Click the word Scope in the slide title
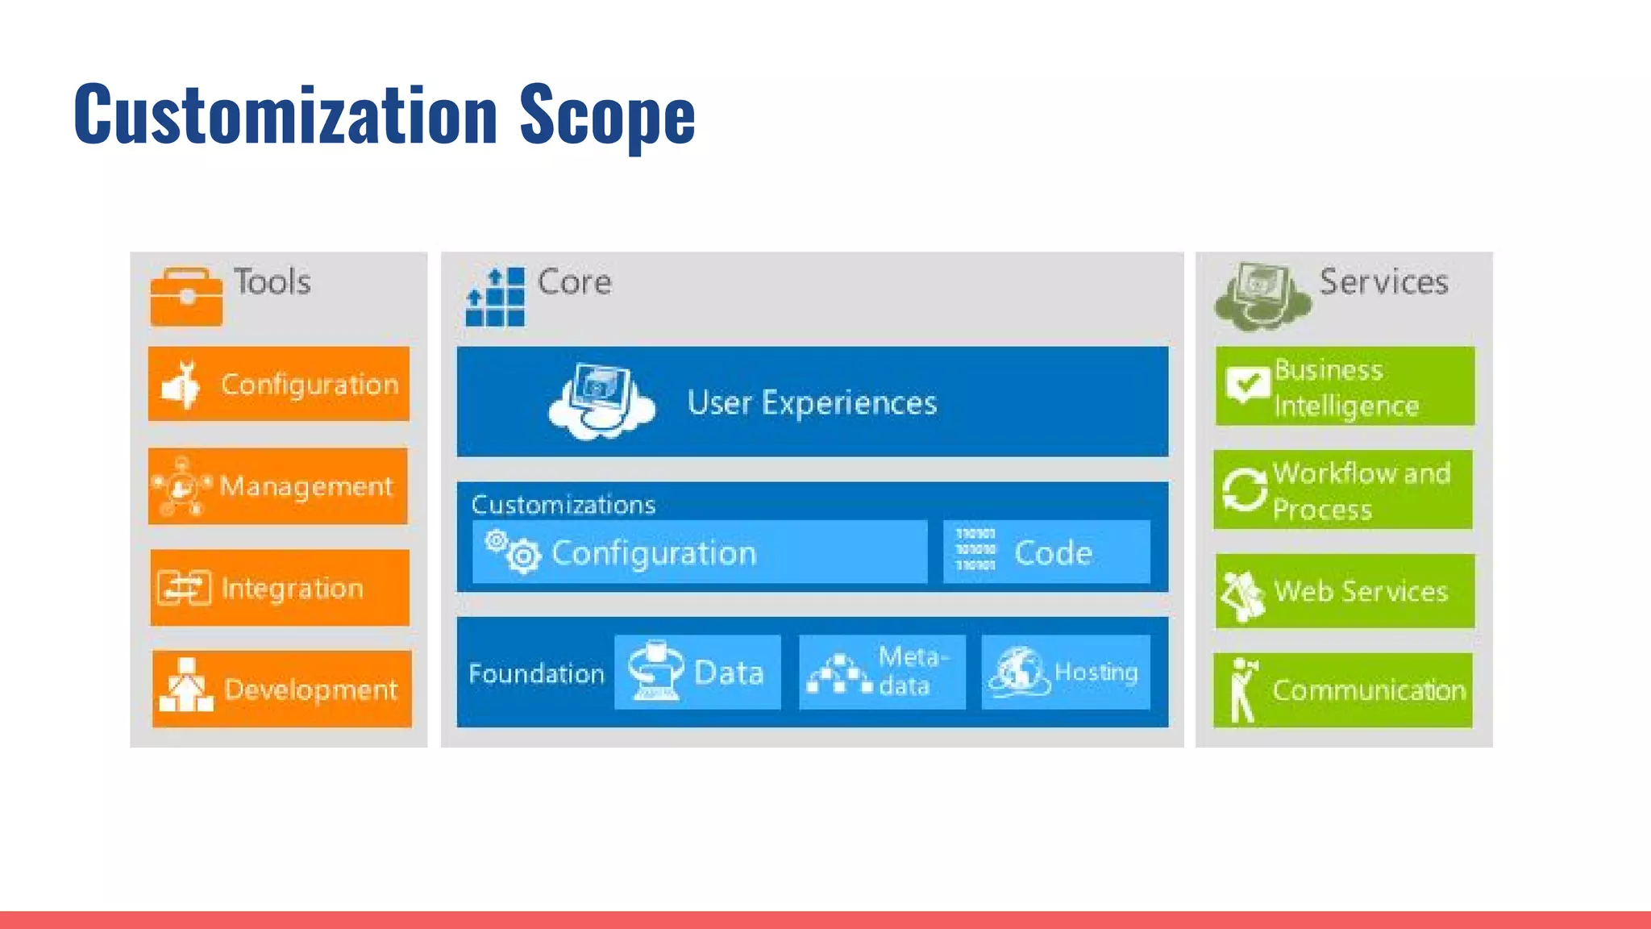(606, 115)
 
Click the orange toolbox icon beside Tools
(186, 297)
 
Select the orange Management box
(278, 486)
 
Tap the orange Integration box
(279, 588)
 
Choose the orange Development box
(281, 689)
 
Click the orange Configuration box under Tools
(279, 384)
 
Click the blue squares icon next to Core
(495, 298)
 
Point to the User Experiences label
(811, 402)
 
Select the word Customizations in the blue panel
(563, 505)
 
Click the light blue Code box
(1046, 552)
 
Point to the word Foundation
(536, 673)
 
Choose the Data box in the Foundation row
(697, 673)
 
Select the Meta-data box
(882, 673)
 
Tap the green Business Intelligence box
(1345, 386)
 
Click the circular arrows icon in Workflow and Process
(1244, 489)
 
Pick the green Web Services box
(1345, 591)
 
